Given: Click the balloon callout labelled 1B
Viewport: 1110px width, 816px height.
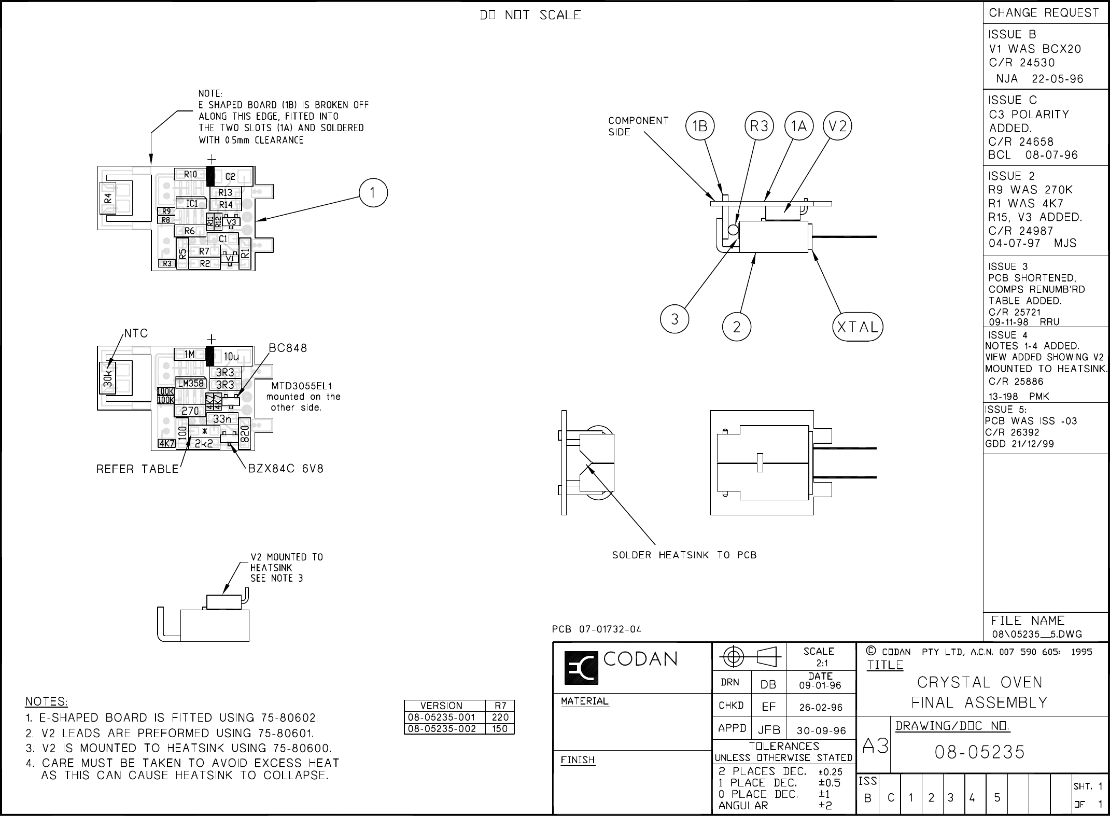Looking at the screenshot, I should point(700,126).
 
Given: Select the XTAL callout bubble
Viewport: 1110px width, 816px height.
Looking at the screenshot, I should point(858,327).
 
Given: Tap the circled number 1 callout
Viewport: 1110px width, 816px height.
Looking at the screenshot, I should point(373,192).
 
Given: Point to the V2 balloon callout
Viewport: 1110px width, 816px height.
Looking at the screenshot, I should point(837,126).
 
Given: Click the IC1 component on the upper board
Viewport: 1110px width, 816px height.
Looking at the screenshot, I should point(191,204).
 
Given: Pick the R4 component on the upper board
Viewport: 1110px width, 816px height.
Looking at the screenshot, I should point(108,198).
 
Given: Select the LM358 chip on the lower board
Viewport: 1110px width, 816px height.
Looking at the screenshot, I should point(191,384).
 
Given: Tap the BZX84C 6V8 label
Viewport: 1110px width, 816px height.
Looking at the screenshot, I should point(286,469).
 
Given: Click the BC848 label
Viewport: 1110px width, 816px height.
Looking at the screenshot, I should point(288,348).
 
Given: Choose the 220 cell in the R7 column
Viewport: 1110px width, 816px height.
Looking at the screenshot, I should point(500,717).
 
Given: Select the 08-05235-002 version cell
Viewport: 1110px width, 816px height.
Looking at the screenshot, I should point(444,729).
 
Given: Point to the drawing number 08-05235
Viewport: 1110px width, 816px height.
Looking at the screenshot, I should point(979,752).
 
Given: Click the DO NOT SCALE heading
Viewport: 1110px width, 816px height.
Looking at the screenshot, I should point(530,16).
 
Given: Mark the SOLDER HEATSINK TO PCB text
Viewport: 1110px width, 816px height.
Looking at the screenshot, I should point(684,555).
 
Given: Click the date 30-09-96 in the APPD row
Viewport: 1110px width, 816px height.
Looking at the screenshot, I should point(822,730).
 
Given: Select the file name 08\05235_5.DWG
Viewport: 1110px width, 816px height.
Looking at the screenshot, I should point(1037,634).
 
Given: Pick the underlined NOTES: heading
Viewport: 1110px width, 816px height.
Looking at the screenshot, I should point(47,701).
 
